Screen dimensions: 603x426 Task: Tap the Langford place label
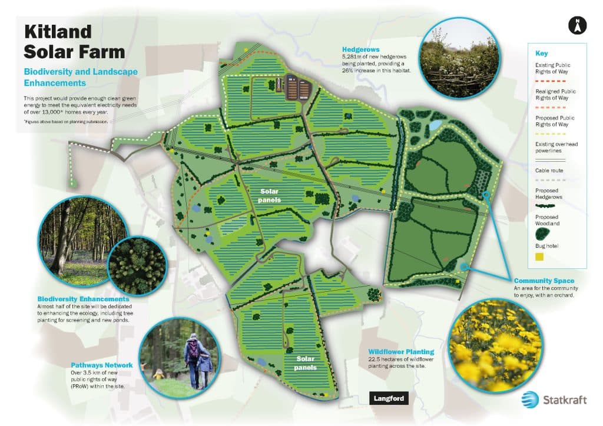[x=389, y=398]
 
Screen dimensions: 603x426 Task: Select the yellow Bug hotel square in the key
[x=538, y=257]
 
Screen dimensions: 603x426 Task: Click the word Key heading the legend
[x=541, y=52]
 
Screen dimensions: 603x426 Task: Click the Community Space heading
[x=544, y=281]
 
